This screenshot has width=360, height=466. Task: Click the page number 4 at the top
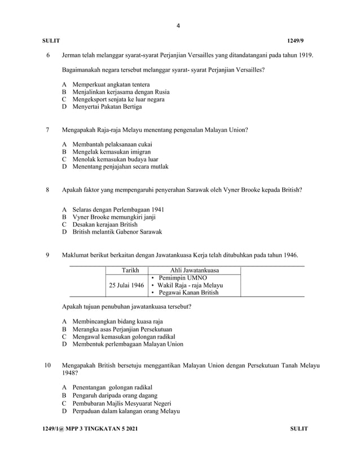coord(178,25)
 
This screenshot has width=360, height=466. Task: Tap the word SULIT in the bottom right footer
coord(298,429)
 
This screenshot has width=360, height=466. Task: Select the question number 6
coord(48,55)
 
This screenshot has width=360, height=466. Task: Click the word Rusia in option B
coord(161,91)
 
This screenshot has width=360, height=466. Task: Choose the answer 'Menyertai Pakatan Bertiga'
coord(107,107)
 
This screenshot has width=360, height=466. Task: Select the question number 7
coord(48,129)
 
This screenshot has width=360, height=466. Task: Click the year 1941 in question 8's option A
coord(156,209)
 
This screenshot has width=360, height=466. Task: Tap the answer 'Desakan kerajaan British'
coord(104,224)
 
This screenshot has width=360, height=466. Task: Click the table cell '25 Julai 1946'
coord(126,285)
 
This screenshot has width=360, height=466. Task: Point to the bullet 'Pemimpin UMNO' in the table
coord(182,278)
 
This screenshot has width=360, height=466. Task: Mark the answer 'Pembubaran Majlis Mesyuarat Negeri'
coord(121,403)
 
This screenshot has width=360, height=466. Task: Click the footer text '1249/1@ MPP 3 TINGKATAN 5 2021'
coord(90,429)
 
